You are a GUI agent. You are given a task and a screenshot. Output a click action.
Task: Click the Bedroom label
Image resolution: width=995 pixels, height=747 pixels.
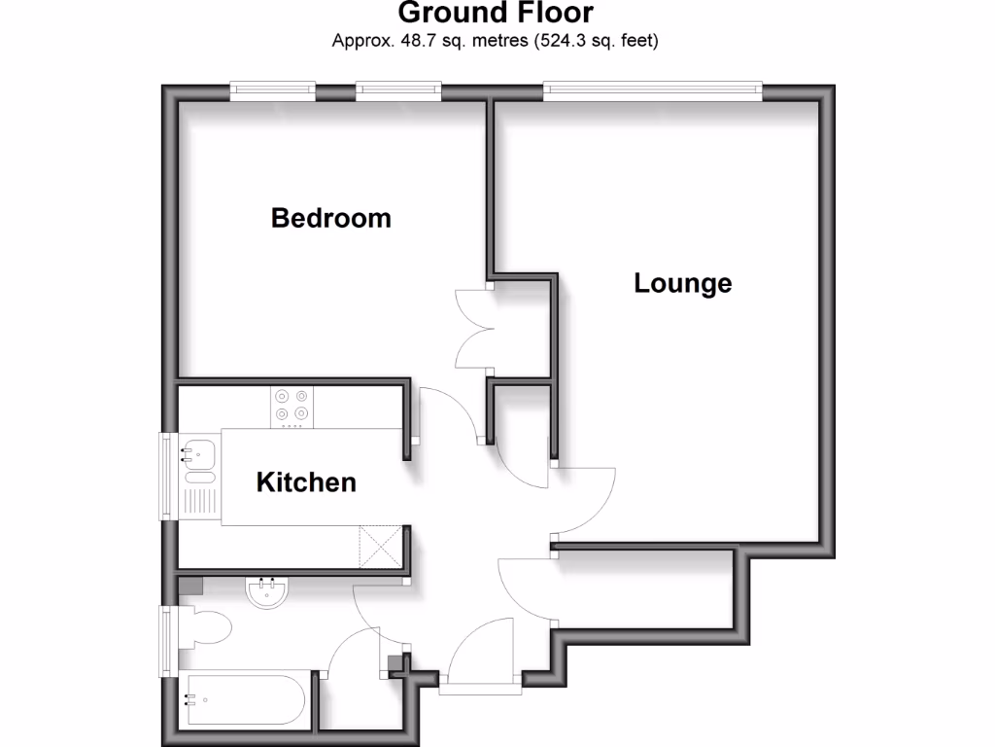[330, 218]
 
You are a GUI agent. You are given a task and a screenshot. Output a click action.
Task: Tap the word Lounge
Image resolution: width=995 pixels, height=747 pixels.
[682, 284]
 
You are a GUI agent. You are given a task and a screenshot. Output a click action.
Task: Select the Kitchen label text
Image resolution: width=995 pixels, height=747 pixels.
[306, 481]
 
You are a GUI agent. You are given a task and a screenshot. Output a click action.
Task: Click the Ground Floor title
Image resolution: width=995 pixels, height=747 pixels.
[496, 14]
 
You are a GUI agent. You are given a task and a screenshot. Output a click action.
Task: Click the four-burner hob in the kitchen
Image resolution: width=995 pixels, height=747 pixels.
[292, 407]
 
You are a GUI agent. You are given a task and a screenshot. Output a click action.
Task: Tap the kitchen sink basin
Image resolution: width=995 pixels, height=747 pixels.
[199, 452]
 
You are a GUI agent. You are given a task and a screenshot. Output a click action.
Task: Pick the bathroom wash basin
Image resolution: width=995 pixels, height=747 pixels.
[266, 591]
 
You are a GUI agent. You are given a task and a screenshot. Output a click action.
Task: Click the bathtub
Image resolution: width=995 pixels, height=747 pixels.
[248, 698]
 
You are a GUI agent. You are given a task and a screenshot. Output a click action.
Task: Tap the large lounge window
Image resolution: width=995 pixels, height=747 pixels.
[652, 92]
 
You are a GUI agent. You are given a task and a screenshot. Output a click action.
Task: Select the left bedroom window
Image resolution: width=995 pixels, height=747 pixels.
[272, 92]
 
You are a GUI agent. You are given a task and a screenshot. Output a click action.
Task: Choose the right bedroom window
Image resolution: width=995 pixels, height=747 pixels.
[398, 92]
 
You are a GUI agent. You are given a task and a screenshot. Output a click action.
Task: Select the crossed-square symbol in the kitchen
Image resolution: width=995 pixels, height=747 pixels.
[380, 549]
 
